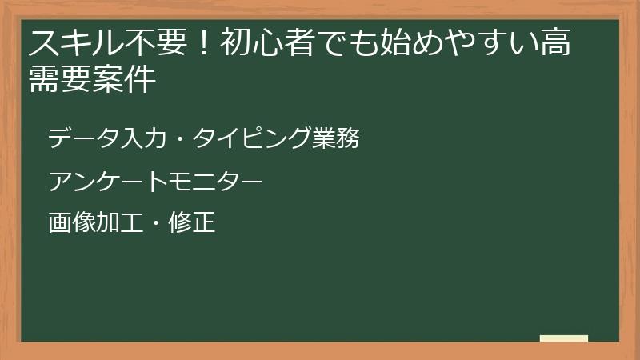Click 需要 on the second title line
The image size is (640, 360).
click(60, 80)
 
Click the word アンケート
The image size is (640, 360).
click(100, 181)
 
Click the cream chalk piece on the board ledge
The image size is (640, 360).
click(564, 338)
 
